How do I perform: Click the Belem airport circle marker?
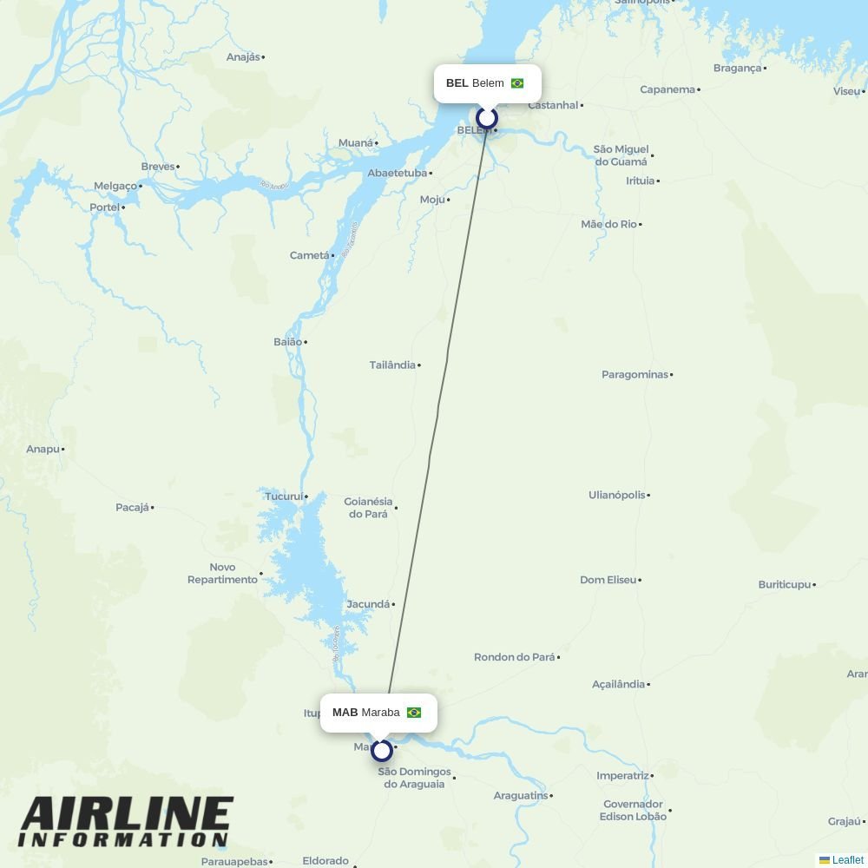[487, 118]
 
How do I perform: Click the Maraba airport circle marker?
[382, 750]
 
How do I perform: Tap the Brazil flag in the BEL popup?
[517, 83]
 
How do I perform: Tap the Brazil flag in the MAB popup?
[414, 713]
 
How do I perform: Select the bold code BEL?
[457, 83]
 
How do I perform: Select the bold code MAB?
[345, 713]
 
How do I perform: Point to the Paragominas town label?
[635, 374]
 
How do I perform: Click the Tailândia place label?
[392, 365]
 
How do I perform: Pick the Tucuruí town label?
[284, 496]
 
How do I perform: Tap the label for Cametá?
[309, 255]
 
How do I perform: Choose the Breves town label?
[157, 166]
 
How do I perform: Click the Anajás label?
[242, 56]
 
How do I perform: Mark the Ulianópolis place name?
[616, 495]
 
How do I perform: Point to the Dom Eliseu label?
[608, 580]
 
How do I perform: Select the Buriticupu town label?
[784, 584]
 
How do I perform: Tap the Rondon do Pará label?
[514, 657]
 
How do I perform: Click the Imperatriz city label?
[622, 775]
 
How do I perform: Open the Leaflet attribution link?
[847, 860]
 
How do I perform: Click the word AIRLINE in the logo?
[127, 815]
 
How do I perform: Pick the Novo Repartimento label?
[222, 573]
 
